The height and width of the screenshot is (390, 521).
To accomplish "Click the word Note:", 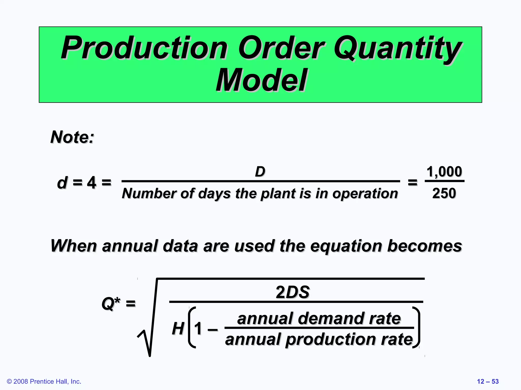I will click(73, 137).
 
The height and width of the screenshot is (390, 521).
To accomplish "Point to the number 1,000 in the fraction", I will click(444, 172).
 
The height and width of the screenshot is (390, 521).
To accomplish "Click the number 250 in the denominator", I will click(444, 193).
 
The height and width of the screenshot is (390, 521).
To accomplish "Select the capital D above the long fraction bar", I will click(260, 172).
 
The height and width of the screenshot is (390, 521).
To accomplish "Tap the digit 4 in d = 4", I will click(92, 183).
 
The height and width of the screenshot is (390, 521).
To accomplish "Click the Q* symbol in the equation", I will click(111, 303).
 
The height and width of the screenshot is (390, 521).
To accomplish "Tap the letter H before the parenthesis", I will click(178, 328).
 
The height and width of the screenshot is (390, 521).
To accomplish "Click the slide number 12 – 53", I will click(488, 381).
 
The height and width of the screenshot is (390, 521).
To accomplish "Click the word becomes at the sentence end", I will click(424, 246).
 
